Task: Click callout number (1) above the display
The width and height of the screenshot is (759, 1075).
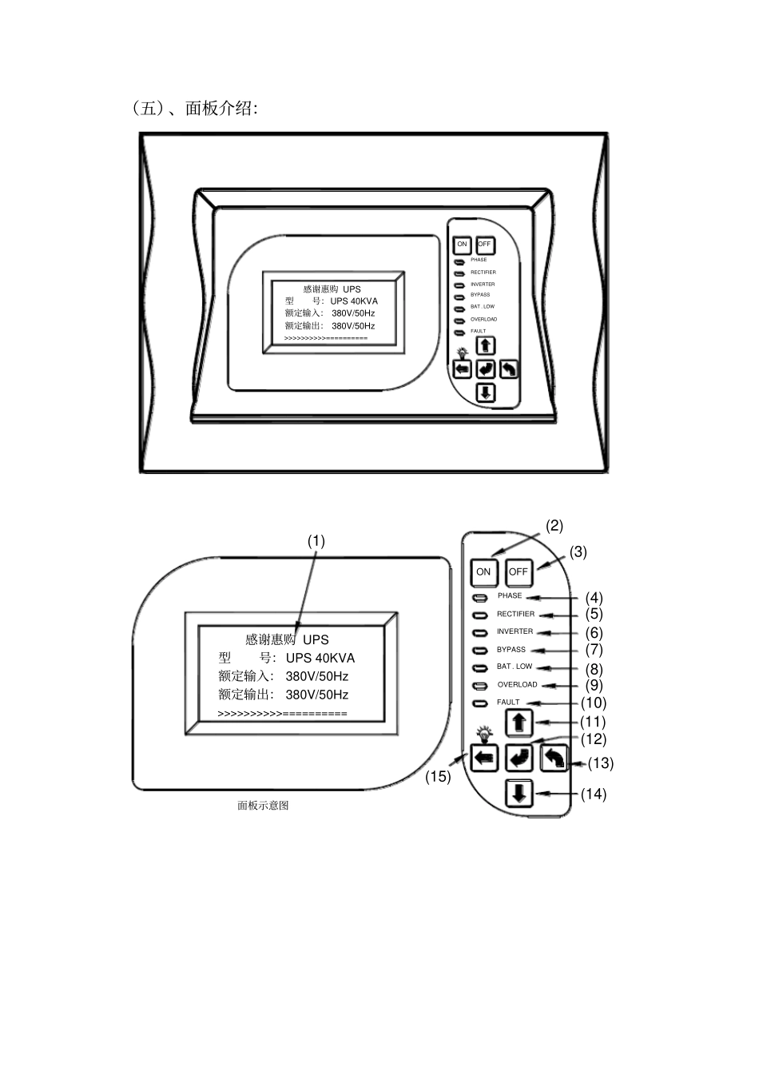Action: click(x=316, y=541)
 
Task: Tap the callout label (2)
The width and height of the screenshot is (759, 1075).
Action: click(x=554, y=526)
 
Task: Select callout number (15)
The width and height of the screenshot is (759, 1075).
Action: click(x=438, y=777)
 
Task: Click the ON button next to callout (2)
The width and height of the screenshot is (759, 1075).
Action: click(x=483, y=571)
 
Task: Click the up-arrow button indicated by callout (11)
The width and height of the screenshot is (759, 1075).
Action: click(x=519, y=723)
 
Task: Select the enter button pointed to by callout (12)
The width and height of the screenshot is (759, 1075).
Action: click(x=519, y=758)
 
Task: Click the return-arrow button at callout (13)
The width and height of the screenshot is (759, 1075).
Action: click(x=554, y=758)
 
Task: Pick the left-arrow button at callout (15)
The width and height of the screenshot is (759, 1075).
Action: click(x=484, y=758)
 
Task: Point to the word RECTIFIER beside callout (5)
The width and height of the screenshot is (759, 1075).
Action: click(x=515, y=614)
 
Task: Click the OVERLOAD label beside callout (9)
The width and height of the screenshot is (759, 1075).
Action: click(x=517, y=684)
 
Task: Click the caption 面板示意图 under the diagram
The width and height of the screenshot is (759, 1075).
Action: click(x=263, y=806)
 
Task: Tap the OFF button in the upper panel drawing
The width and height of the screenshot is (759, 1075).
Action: click(x=485, y=245)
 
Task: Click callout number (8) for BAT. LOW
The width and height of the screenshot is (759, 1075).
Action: click(x=594, y=669)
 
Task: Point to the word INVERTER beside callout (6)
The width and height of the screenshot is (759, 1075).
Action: click(x=515, y=631)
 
